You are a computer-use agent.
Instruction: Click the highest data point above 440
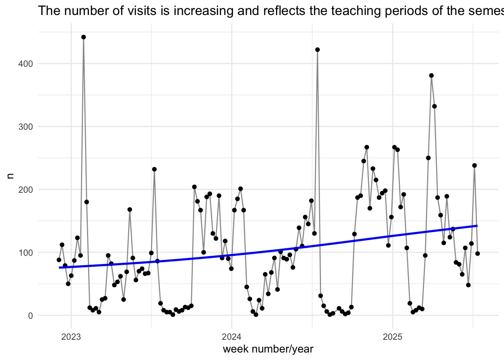[84, 37]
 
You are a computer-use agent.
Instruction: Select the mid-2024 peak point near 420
[318, 49]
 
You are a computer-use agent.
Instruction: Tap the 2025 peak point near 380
[431, 75]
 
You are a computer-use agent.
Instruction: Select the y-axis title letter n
[11, 175]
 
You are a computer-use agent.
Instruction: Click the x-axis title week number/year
[268, 349]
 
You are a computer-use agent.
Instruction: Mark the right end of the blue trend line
[477, 226]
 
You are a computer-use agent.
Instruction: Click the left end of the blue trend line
[59, 267]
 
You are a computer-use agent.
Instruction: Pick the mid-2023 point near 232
[154, 169]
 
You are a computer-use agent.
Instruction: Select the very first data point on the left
[59, 260]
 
